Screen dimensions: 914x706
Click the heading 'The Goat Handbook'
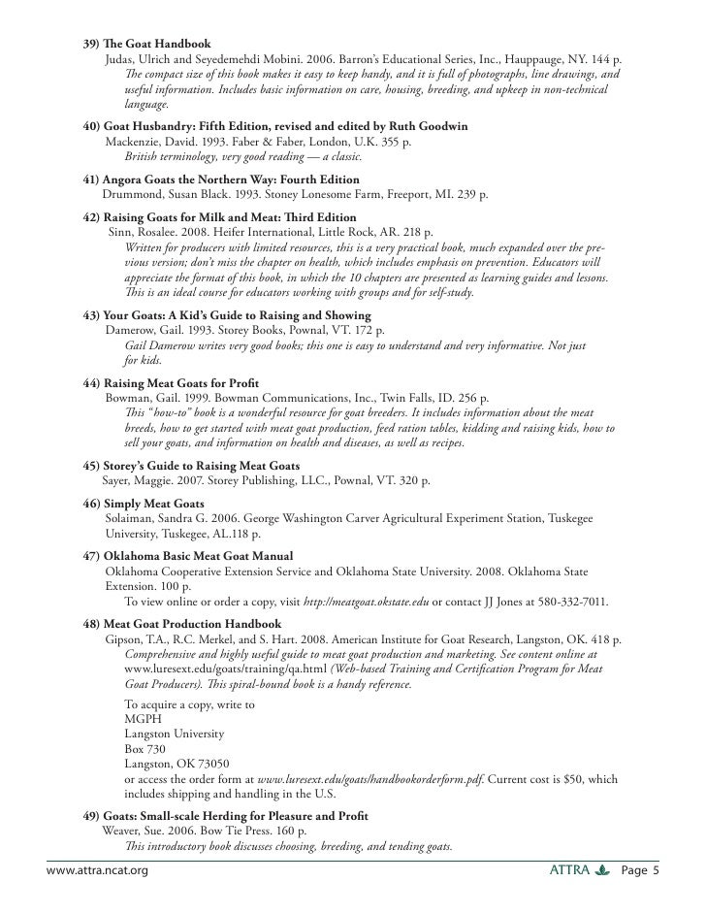pos(158,45)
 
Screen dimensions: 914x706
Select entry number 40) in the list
pos(90,127)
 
